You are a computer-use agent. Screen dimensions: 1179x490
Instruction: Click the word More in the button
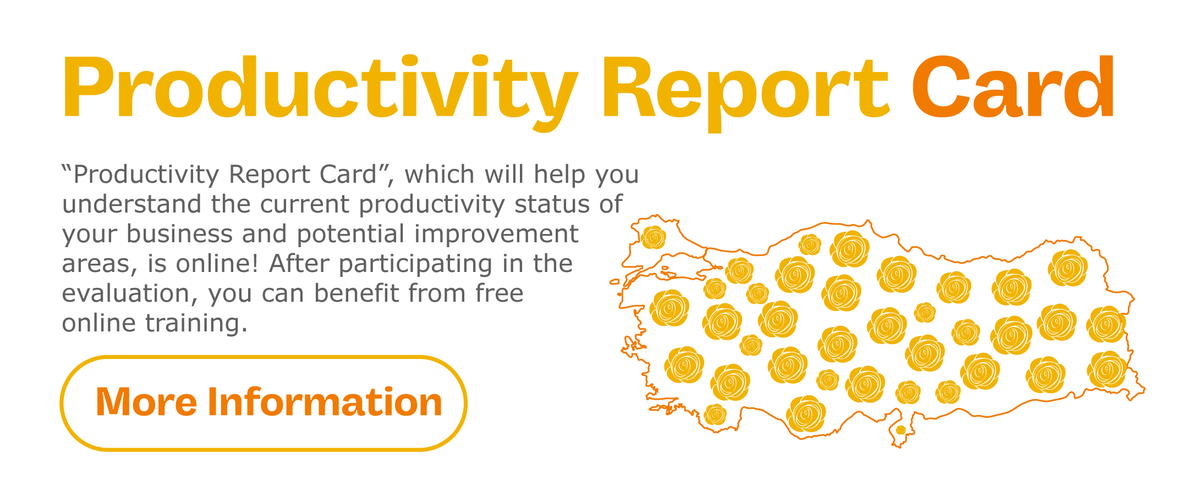146,402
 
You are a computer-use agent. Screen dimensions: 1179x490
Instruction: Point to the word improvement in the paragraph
496,235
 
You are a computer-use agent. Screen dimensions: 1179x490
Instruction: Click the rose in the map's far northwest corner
654,238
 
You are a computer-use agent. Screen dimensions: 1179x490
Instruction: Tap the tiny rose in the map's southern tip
901,429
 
